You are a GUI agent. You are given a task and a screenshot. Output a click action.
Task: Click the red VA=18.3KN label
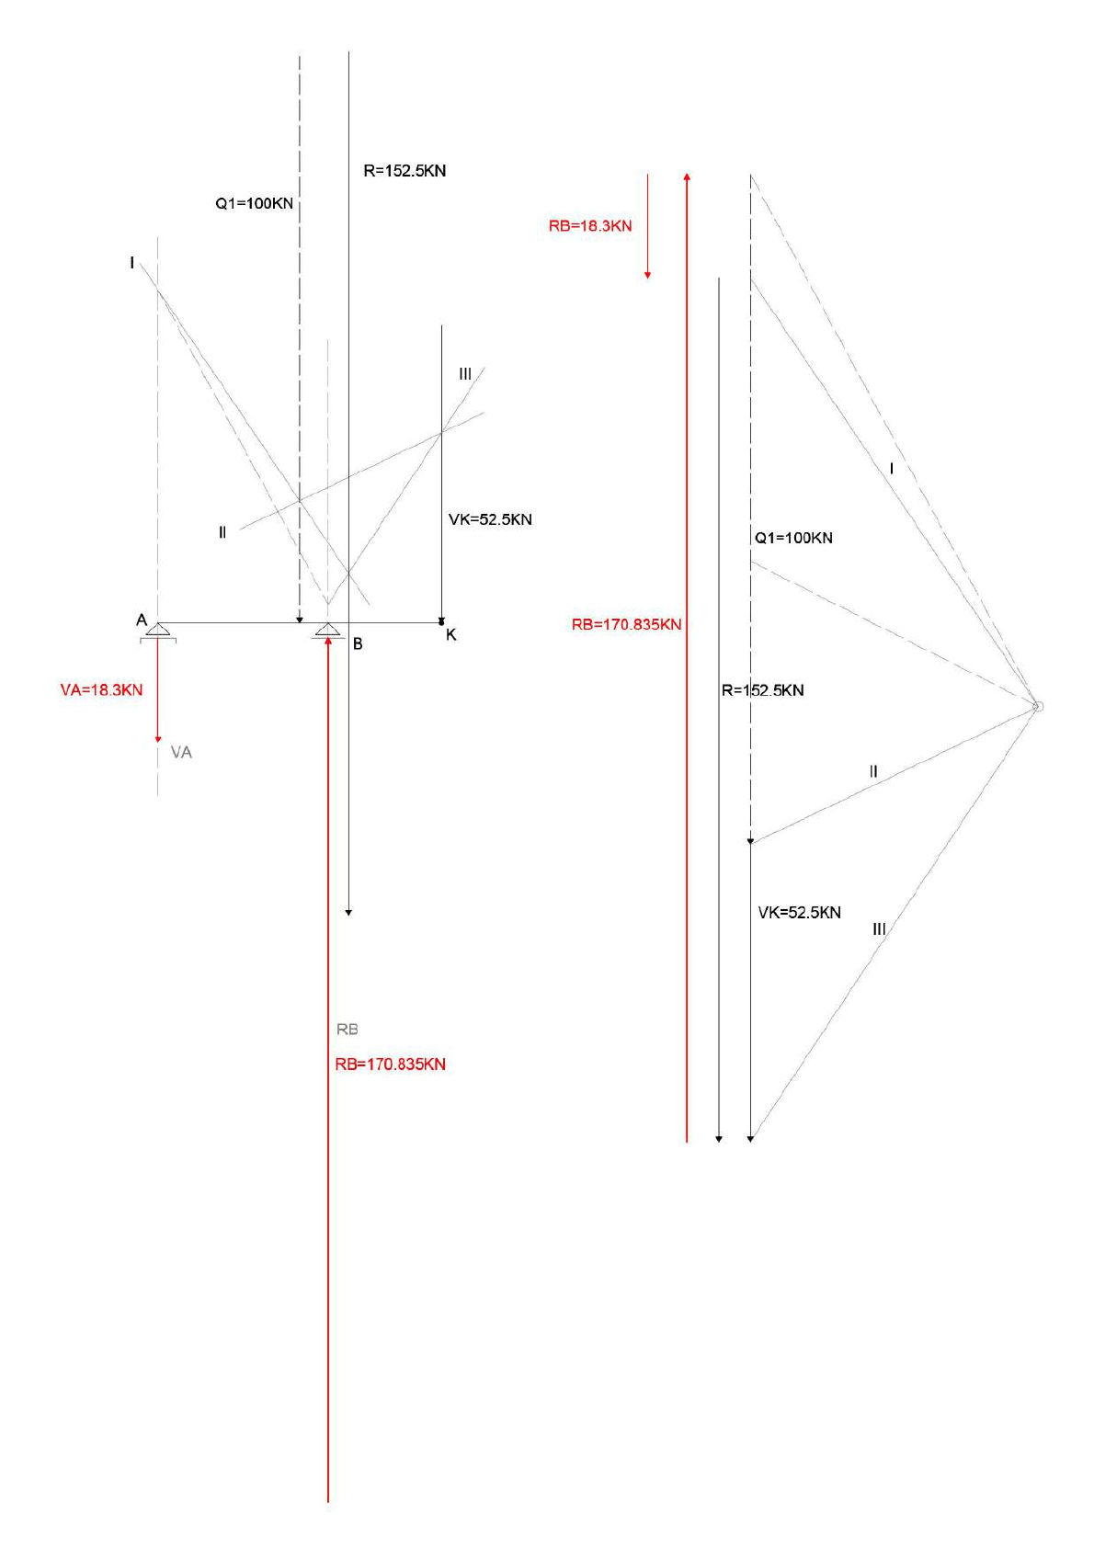point(102,689)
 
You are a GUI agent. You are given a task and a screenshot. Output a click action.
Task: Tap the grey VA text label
point(181,753)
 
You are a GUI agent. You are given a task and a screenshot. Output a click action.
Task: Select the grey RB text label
point(347,1030)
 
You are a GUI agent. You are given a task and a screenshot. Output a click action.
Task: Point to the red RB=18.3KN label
point(590,226)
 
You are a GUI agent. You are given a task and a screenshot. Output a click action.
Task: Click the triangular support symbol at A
point(157,631)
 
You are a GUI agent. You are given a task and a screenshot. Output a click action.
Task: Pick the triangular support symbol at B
point(327,631)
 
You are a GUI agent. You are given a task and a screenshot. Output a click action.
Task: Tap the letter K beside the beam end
point(450,635)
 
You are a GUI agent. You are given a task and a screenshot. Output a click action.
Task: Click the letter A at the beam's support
point(142,620)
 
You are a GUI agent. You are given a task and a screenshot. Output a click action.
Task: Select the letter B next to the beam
point(358,644)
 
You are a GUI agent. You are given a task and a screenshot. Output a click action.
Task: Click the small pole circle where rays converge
point(1037,706)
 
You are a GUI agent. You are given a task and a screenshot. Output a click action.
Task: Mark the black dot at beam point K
point(441,622)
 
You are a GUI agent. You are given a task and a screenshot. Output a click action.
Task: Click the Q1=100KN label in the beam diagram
point(255,203)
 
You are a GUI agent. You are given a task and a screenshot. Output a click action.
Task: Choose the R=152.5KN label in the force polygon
point(763,690)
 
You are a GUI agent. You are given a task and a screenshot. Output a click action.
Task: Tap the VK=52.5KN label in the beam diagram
point(490,519)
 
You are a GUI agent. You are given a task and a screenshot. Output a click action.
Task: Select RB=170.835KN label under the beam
point(391,1064)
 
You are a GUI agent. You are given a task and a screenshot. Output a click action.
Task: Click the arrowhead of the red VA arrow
point(157,739)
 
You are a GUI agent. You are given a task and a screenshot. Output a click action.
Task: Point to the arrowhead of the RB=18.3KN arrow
point(647,275)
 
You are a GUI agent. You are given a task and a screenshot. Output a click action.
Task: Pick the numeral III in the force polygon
point(879,929)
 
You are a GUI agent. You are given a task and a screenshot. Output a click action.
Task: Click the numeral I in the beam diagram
point(132,263)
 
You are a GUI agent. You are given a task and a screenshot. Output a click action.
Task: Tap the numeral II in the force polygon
point(873,772)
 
